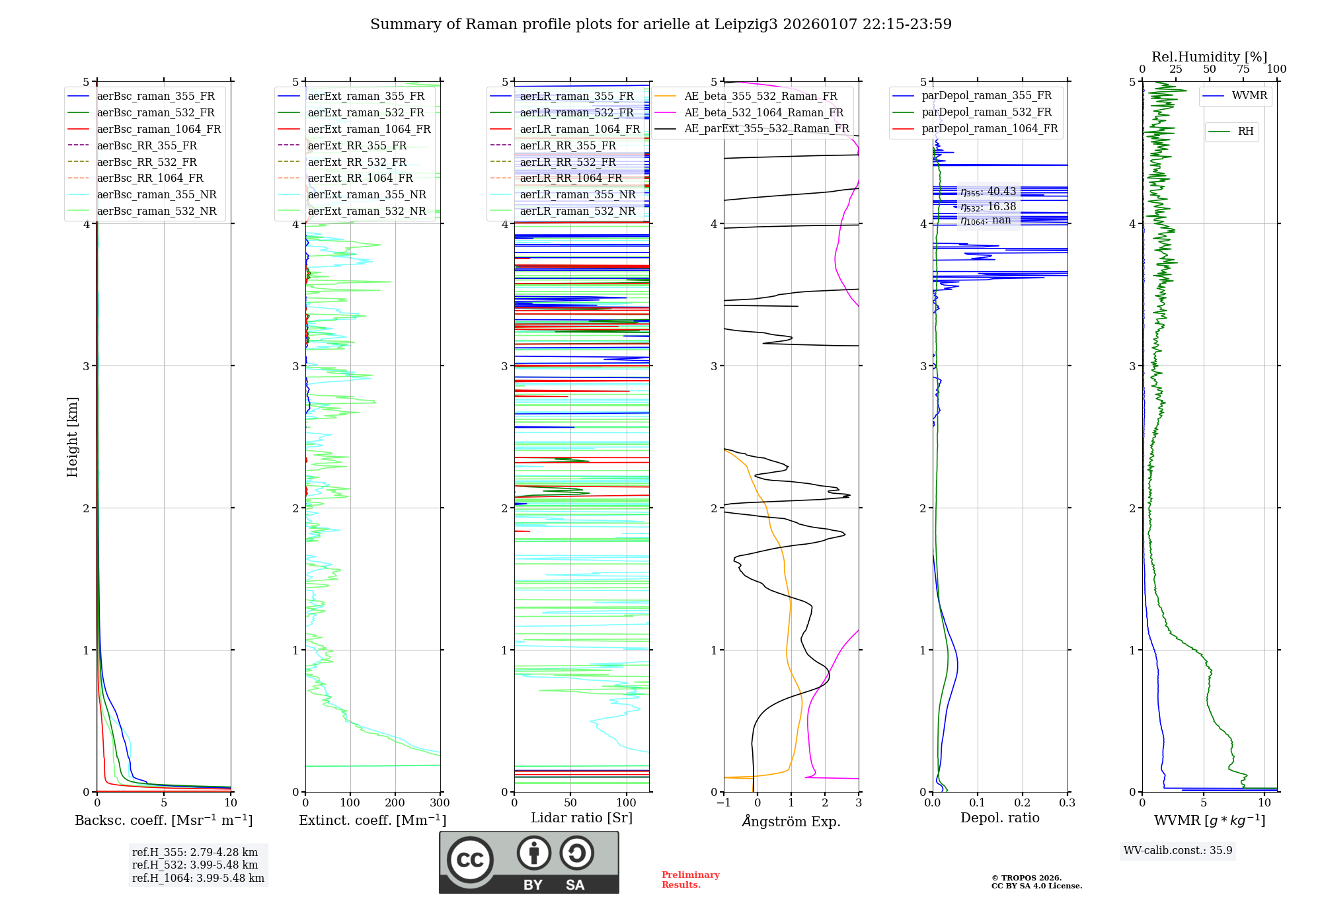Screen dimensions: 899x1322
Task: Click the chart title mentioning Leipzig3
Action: [661, 24]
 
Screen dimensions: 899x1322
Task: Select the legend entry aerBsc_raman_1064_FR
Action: [159, 129]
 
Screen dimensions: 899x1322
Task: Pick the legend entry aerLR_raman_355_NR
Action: [577, 194]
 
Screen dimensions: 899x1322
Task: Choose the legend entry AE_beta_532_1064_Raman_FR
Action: [763, 112]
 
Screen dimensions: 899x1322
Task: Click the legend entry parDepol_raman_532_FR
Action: [986, 112]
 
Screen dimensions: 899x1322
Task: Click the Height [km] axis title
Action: [72, 437]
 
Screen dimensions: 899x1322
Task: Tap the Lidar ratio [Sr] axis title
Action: [582, 818]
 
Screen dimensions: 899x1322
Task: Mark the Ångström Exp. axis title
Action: [791, 822]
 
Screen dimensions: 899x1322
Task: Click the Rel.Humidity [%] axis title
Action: [1209, 57]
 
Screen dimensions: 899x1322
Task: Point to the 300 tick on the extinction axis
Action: [440, 803]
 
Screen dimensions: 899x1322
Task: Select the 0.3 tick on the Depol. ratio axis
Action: [1067, 803]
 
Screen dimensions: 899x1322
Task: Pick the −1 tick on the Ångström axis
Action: [723, 803]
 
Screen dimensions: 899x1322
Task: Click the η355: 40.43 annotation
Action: [988, 192]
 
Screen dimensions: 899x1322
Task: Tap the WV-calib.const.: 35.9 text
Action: [1178, 851]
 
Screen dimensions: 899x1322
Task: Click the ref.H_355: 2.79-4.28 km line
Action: [195, 852]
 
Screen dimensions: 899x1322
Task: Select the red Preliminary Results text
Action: [690, 880]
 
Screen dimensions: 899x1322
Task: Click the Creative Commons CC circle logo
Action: [470, 860]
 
